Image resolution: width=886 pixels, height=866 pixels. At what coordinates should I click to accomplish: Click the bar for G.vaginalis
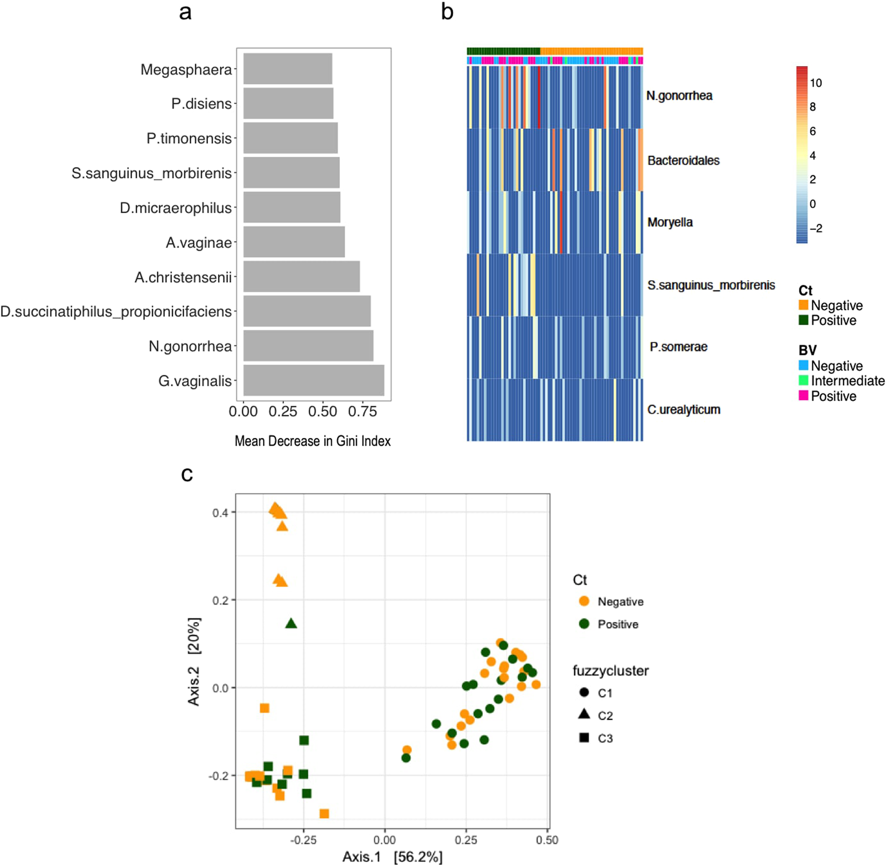314,381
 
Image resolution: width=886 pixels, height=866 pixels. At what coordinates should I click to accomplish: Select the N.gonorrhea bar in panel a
308,346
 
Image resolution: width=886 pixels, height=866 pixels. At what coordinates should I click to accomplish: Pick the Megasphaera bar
288,69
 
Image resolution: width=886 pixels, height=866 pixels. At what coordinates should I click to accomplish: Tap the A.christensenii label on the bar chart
183,278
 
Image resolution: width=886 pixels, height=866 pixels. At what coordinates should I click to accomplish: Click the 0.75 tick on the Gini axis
362,412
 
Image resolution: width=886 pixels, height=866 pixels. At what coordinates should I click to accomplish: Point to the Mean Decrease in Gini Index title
313,441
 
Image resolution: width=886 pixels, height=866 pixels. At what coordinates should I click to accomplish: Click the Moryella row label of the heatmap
670,222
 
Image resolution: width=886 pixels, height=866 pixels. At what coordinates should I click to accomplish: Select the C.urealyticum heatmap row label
683,410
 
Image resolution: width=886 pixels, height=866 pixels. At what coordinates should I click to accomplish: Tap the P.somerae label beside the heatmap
678,347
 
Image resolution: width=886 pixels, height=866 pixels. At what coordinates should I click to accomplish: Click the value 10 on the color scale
816,83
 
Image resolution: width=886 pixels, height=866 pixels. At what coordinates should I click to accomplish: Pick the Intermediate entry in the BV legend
847,381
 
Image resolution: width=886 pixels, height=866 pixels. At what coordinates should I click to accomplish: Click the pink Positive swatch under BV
803,396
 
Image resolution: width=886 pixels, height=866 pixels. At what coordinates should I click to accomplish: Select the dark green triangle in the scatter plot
291,623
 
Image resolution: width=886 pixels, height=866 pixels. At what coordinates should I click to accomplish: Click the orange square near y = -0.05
264,708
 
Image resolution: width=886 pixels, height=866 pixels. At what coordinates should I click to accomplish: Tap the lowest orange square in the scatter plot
324,813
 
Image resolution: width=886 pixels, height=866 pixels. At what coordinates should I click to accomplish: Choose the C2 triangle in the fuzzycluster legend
584,715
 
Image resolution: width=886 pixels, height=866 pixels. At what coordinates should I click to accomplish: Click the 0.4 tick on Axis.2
220,513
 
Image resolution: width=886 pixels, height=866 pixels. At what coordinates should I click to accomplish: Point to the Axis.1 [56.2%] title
393,857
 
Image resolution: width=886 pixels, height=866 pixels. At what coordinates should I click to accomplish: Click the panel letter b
447,11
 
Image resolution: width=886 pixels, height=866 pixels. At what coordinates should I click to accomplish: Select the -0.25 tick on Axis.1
303,840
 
